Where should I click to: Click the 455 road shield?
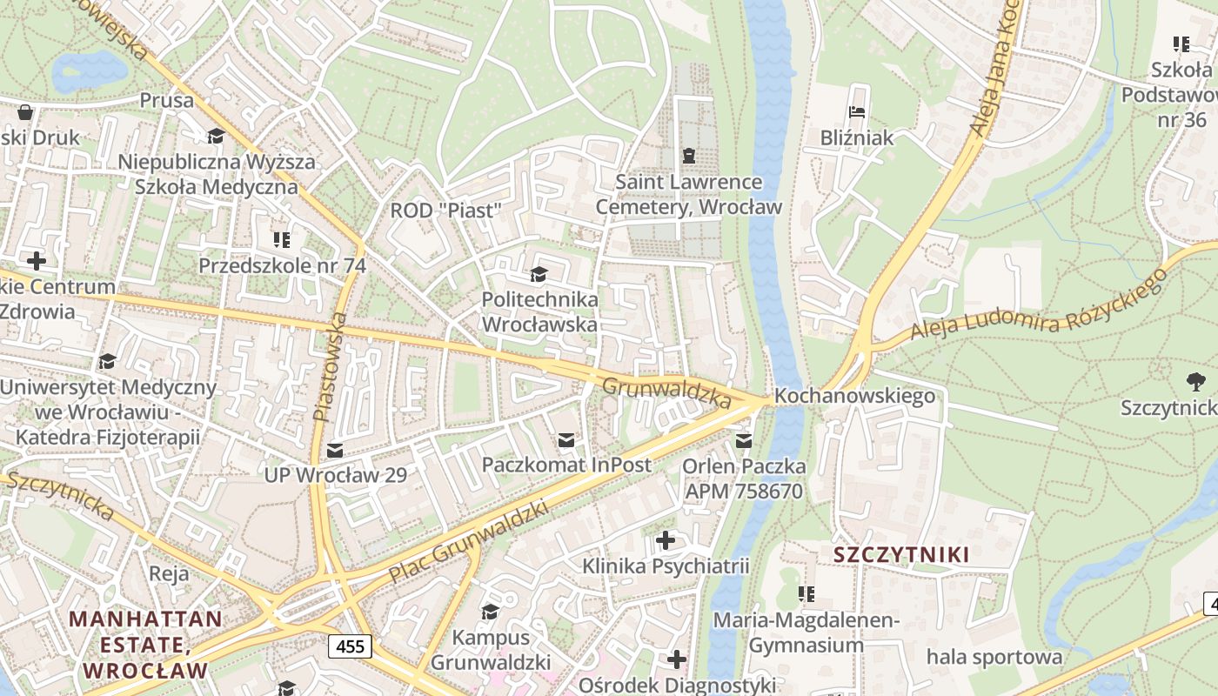click(351, 646)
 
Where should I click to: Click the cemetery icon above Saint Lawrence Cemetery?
click(689, 156)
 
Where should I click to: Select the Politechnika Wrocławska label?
click(539, 311)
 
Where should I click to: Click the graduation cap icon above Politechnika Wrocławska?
click(539, 275)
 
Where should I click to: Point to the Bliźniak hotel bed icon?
click(857, 112)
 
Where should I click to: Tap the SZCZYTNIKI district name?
click(901, 554)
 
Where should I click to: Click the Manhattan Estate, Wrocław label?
click(145, 645)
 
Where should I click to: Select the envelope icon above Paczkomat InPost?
click(566, 440)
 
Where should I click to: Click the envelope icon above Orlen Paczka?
click(744, 441)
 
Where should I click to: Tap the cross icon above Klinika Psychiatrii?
click(666, 541)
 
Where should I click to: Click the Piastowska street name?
click(331, 367)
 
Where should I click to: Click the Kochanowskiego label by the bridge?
click(854, 396)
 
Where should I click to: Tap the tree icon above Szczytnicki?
click(1196, 380)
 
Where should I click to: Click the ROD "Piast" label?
click(446, 211)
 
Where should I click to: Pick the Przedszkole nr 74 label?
click(282, 265)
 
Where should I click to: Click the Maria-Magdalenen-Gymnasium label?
click(806, 632)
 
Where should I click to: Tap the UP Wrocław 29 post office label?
click(336, 475)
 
